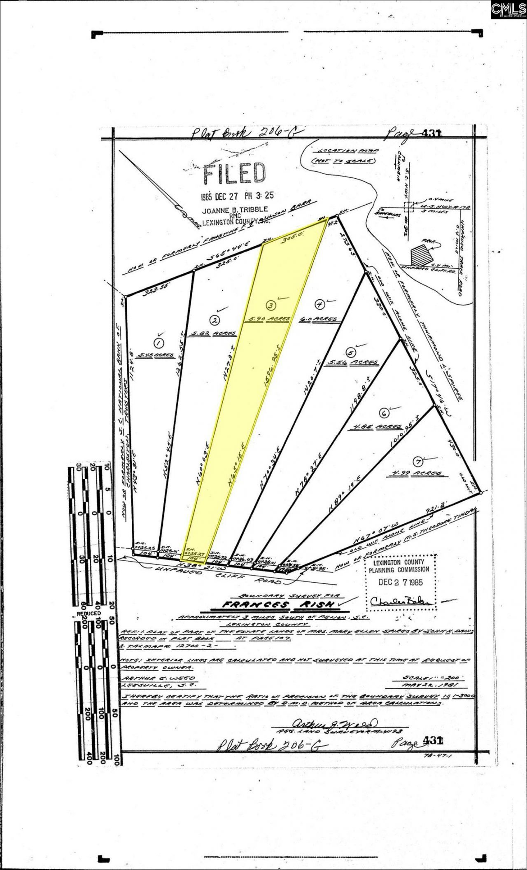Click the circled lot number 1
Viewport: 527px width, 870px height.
(157, 342)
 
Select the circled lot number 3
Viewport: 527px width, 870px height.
(270, 305)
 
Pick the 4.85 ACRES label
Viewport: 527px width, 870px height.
(375, 427)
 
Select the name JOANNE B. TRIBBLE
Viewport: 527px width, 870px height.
(235, 209)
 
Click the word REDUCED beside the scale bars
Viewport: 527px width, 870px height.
(89, 613)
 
